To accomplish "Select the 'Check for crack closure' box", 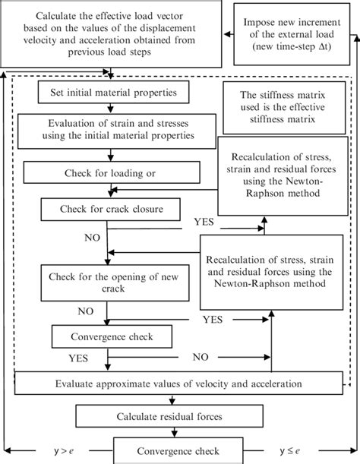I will click(111, 207).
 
